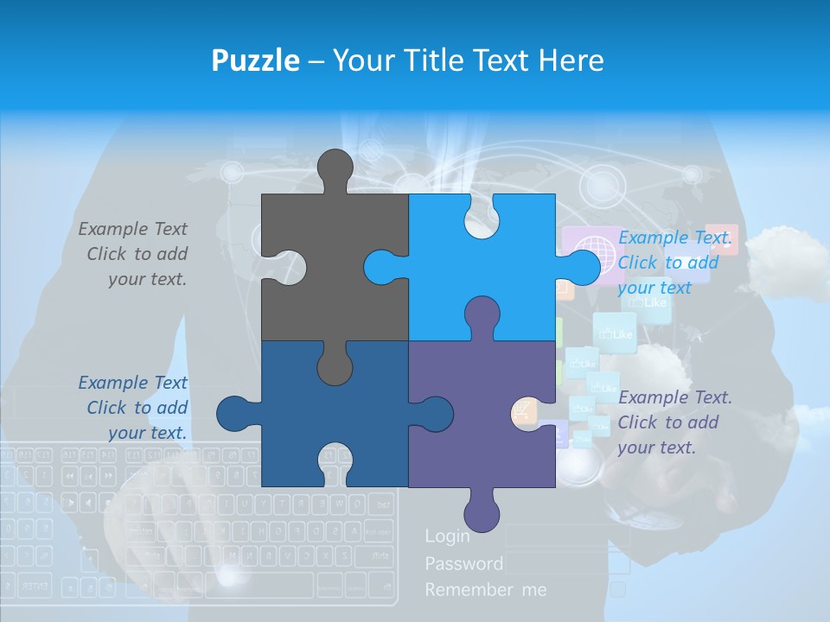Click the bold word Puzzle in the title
pyautogui.click(x=255, y=60)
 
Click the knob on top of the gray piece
pyautogui.click(x=335, y=168)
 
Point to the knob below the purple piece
pyautogui.click(x=482, y=511)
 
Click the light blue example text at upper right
pyautogui.click(x=674, y=263)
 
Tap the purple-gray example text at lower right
pyautogui.click(x=674, y=422)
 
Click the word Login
pyautogui.click(x=447, y=536)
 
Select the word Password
pyautogui.click(x=463, y=563)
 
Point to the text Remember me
pyautogui.click(x=485, y=590)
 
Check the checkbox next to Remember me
pyautogui.click(x=617, y=589)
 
